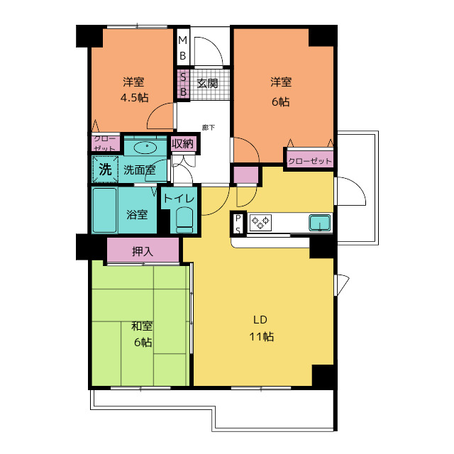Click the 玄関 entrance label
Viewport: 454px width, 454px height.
207,84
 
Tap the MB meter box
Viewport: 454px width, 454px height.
183,48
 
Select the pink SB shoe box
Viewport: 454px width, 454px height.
183,84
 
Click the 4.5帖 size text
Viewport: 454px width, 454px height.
135,98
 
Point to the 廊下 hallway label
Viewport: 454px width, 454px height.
209,128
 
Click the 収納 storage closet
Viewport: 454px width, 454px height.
182,143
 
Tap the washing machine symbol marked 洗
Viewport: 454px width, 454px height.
105,170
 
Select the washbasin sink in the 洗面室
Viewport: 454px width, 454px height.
146,148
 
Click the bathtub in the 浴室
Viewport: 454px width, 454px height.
104,210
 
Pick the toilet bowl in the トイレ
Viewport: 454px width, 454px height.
184,220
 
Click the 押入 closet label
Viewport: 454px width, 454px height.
143,251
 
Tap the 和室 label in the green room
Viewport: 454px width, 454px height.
142,326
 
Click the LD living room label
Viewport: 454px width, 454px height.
260,320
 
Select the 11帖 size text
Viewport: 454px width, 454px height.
262,336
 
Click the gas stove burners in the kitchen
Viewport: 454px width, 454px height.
260,222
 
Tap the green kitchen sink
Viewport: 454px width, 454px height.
320,223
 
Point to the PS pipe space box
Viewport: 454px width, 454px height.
238,224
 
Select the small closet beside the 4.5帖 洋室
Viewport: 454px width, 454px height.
106,143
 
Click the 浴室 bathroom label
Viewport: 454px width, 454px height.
137,214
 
